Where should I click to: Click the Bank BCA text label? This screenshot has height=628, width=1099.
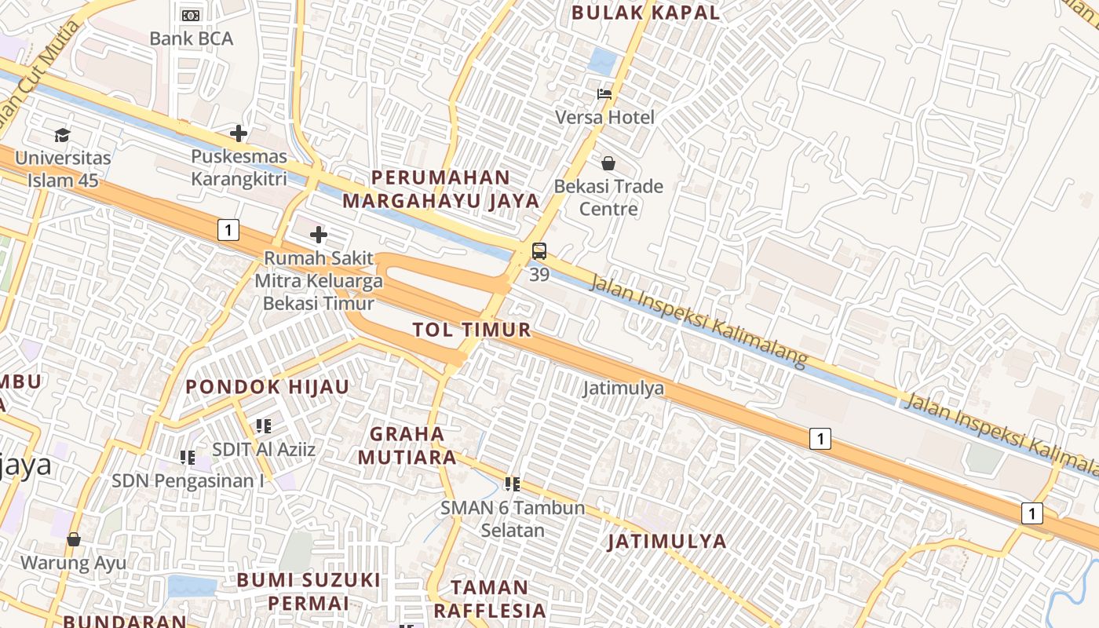coord(191,38)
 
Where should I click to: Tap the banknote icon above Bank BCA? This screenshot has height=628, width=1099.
coord(191,15)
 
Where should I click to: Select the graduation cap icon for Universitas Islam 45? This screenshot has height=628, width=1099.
coord(62,135)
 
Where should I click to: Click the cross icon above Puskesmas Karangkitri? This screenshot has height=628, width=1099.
coord(239,133)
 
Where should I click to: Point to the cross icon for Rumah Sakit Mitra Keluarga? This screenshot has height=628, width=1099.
coord(318,234)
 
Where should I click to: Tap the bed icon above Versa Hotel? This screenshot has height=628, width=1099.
coord(604,94)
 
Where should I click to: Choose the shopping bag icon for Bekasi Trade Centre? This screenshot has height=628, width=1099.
coord(608,163)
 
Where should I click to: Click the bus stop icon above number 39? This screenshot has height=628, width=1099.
coord(539,251)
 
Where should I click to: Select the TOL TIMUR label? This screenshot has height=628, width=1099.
coord(472,330)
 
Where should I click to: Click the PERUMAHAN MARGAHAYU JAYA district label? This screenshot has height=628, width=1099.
coord(441,189)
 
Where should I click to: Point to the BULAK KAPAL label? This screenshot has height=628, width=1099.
coord(645,13)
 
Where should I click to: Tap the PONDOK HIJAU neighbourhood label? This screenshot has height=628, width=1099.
coord(267,386)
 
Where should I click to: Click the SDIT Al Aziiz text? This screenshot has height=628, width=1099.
coord(264,449)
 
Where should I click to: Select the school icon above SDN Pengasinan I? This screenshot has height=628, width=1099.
coord(187,457)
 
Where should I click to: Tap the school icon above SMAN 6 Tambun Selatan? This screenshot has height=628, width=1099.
coord(513,484)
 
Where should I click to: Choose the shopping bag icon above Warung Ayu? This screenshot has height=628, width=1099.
coord(73,539)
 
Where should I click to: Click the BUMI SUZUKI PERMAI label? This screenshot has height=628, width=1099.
coord(309,591)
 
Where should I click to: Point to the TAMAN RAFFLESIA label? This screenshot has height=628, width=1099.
coord(489,599)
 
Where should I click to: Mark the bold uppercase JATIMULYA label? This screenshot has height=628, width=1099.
coord(666,541)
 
